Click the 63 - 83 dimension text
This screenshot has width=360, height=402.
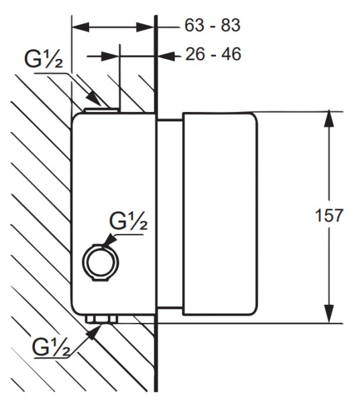[213, 25]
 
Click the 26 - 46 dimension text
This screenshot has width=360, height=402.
[213, 54]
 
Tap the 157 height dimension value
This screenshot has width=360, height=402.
[329, 215]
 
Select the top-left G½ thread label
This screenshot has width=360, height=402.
[44, 59]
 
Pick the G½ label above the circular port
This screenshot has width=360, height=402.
[129, 220]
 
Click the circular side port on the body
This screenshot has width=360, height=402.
[101, 262]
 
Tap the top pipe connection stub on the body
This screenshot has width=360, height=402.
[102, 111]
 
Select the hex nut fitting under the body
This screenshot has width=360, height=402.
[101, 319]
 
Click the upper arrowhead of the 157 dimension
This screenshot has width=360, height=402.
[329, 119]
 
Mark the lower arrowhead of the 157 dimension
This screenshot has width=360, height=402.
[329, 314]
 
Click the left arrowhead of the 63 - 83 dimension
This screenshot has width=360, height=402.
[80, 27]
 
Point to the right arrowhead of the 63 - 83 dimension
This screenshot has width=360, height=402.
[145, 27]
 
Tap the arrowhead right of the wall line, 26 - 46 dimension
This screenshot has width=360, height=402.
[166, 56]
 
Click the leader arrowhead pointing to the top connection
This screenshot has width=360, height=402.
[93, 98]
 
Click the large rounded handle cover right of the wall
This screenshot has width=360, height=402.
[220, 214]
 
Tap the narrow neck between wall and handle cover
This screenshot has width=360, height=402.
[170, 214]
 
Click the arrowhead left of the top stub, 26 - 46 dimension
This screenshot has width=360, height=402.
[110, 56]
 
